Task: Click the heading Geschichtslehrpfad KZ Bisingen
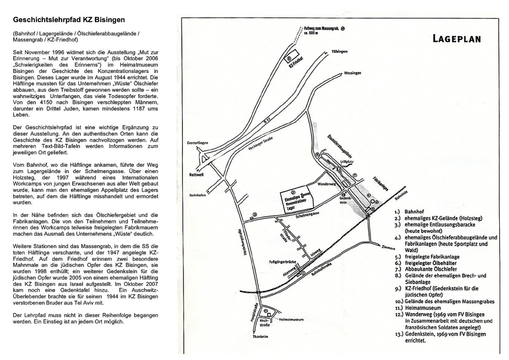(x=69, y=20)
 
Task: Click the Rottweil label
(x=196, y=174)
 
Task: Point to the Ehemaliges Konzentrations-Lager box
(x=296, y=198)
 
